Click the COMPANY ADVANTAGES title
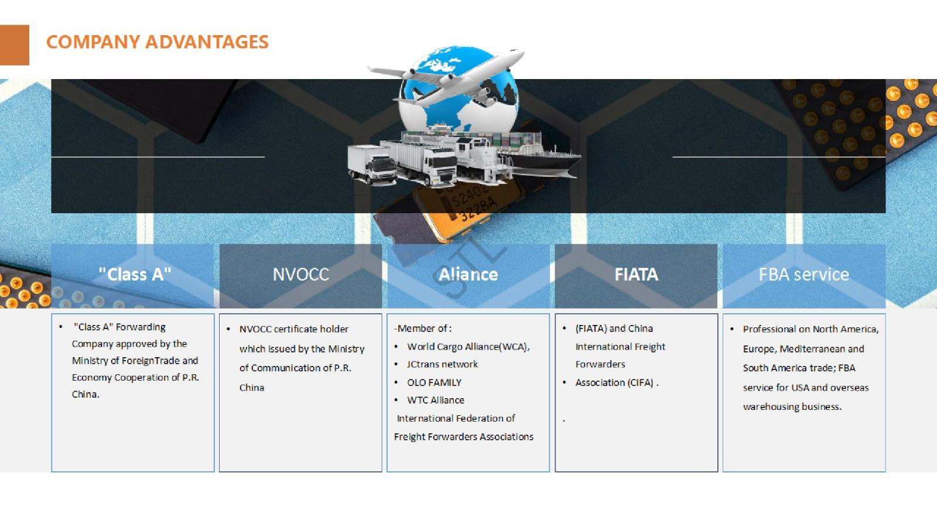pyautogui.click(x=158, y=42)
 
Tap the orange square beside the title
pyautogui.click(x=14, y=45)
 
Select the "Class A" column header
pyautogui.click(x=135, y=275)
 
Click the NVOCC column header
pyautogui.click(x=301, y=275)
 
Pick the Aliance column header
pyautogui.click(x=468, y=275)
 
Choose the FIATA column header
pyautogui.click(x=636, y=275)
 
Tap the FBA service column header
pyautogui.click(x=804, y=275)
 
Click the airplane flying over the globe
pyautogui.click(x=446, y=77)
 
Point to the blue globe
pyautogui.click(x=459, y=90)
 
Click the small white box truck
pyautogui.click(x=372, y=165)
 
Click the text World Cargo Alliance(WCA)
pyautogui.click(x=467, y=347)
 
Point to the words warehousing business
pyautogui.click(x=792, y=407)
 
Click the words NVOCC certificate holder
pyautogui.click(x=293, y=329)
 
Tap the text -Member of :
pyautogui.click(x=422, y=328)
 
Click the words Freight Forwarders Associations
pyautogui.click(x=463, y=437)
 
